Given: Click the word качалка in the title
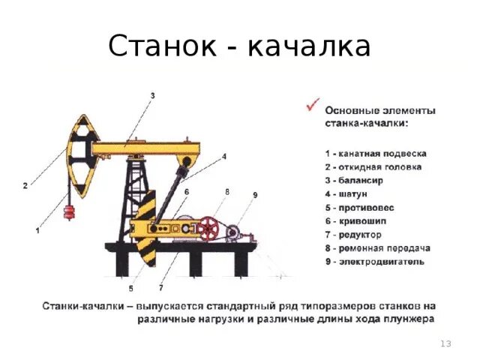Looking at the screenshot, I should pos(310,46).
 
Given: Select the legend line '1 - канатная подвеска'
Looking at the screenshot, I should pos(376,153).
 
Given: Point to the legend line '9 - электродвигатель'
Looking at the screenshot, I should pos(374,261).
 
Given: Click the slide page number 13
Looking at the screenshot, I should pos(445,343).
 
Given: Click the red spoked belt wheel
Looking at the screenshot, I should pos(208,228).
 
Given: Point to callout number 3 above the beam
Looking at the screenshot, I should pos(152,95).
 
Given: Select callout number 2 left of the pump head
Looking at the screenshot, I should pos(25,185).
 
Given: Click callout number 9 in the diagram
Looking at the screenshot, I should pos(255,195).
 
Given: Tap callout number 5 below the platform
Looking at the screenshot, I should pos(130,288).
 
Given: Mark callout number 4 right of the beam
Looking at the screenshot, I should pos(223,157).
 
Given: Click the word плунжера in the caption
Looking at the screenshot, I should pos(403,319).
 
